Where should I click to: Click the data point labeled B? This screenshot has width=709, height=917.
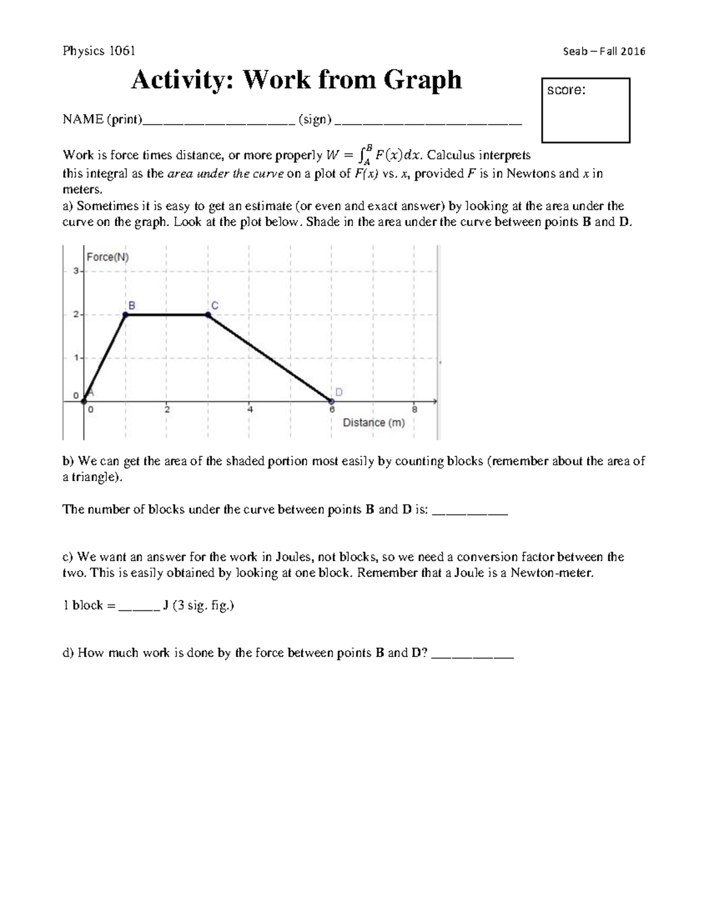click(x=125, y=315)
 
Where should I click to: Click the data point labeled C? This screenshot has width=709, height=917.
click(x=208, y=315)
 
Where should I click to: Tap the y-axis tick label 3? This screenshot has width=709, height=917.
click(x=76, y=271)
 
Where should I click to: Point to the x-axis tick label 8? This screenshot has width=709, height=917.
click(x=414, y=409)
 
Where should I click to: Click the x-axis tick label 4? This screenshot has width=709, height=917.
click(x=250, y=409)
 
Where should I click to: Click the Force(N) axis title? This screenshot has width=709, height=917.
click(x=108, y=257)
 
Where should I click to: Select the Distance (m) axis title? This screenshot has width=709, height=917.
click(x=373, y=423)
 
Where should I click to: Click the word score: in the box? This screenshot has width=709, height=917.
click(x=566, y=90)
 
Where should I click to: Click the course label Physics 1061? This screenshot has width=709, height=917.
click(x=99, y=51)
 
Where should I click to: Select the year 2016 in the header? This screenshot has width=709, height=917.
click(x=632, y=51)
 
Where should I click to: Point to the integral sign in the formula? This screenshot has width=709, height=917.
click(x=362, y=155)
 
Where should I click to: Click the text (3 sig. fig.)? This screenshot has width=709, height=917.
click(x=203, y=606)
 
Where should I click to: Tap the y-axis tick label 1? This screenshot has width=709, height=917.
click(x=76, y=358)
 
